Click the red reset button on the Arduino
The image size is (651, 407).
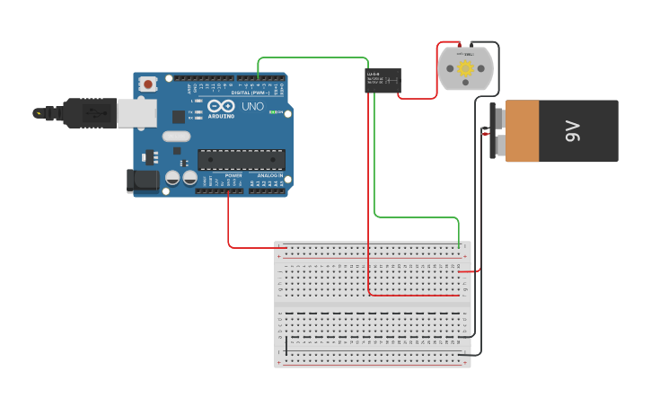(x=147, y=84)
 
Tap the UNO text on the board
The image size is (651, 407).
(x=252, y=106)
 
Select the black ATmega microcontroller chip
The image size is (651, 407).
(x=242, y=159)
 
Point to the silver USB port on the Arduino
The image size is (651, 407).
(x=136, y=112)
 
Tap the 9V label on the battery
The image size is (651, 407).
(x=574, y=131)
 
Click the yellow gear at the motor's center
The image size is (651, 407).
(x=465, y=68)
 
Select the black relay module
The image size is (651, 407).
(x=383, y=81)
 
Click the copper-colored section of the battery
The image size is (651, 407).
(x=522, y=131)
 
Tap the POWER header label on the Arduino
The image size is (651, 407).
(x=233, y=175)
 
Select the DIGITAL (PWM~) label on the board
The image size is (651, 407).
(x=251, y=93)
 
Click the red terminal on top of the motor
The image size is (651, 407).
(x=459, y=44)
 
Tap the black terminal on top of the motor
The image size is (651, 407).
(x=471, y=44)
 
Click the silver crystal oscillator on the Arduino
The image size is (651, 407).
(x=177, y=137)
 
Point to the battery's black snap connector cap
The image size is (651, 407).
(x=494, y=131)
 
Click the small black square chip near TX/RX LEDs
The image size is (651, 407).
(x=179, y=116)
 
